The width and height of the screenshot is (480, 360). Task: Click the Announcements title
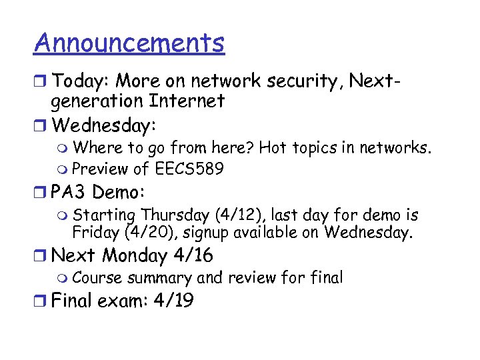129,43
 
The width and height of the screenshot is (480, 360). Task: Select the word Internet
187,101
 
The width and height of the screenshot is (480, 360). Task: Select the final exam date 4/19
173,301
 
